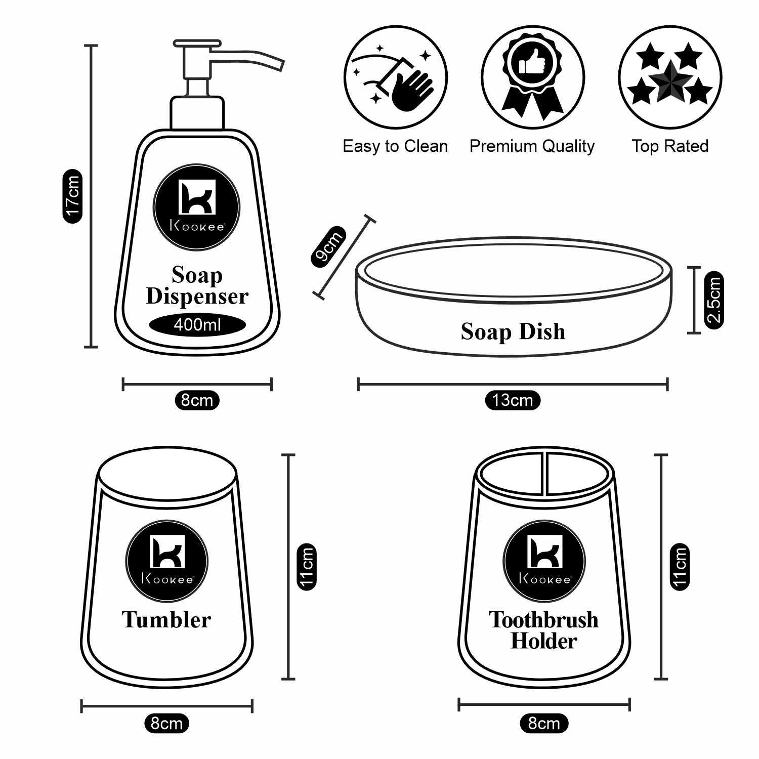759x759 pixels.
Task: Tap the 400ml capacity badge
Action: coord(197,324)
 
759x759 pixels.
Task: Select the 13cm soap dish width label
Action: coord(513,400)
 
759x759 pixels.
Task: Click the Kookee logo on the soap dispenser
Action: coord(197,207)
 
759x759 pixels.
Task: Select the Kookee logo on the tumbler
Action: coord(167,561)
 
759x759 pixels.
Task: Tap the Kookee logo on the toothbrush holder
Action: coord(544,561)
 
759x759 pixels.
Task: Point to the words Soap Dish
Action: coord(513,331)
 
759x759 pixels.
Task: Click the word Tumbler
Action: coord(166,620)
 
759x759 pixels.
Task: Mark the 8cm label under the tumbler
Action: coord(166,723)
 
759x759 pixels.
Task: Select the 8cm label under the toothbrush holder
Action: coord(544,723)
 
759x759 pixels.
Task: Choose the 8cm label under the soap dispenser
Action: coord(197,400)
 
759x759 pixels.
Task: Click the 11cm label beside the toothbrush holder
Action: coord(680,567)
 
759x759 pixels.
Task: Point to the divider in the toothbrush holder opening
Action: coord(545,473)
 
